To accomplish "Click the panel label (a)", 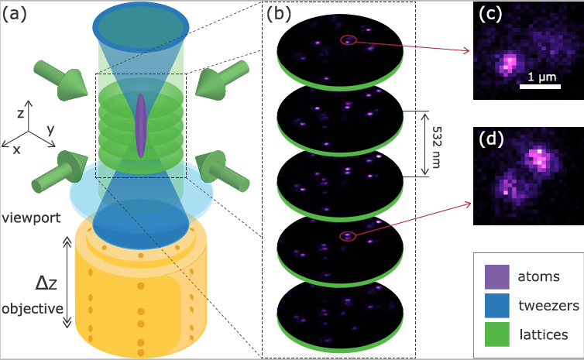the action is (x=15, y=14).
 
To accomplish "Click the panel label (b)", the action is (x=279, y=14).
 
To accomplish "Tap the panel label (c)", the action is (x=490, y=14).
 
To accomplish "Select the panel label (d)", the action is (x=491, y=139).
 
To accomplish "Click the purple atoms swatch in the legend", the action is (x=496, y=277).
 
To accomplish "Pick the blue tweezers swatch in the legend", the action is (x=496, y=306).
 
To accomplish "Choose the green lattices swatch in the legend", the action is (x=496, y=334).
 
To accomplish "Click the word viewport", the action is (x=31, y=218).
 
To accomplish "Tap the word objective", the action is (x=33, y=309).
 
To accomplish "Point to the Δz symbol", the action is (x=46, y=283).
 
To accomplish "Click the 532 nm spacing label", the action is (x=436, y=147).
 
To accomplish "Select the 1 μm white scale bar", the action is (x=540, y=87).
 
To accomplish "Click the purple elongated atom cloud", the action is (x=140, y=125).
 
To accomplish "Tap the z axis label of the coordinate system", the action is (x=21, y=113).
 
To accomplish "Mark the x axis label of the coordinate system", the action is (x=16, y=150).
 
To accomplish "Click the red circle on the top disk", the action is (x=349, y=39).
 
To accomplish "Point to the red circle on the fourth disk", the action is (x=348, y=235).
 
